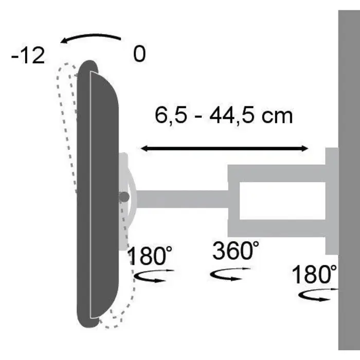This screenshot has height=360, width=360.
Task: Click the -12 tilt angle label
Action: click(28, 56)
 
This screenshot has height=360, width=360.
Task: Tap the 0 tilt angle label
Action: click(139, 55)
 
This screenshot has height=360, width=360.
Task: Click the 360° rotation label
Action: click(236, 251)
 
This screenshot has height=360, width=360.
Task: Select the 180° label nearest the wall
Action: click(315, 275)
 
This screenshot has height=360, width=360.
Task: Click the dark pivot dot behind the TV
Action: click(123, 197)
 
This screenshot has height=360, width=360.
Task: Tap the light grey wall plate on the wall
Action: click(332, 201)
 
